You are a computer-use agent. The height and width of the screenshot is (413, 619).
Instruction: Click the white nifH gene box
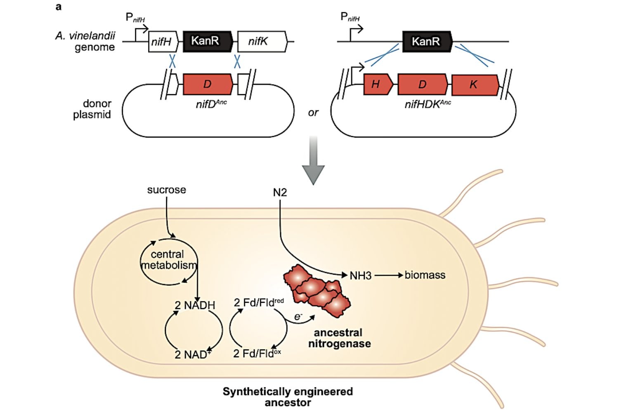pyautogui.click(x=163, y=41)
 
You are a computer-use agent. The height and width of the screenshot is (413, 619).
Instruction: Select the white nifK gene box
pyautogui.click(x=262, y=41)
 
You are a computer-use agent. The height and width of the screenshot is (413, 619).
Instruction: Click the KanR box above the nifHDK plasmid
pyautogui.click(x=428, y=41)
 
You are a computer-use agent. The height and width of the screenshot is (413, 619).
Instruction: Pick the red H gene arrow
pyautogui.click(x=378, y=84)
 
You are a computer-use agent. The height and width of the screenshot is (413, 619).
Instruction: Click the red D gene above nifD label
pyautogui.click(x=208, y=84)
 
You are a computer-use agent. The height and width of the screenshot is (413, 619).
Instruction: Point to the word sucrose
pyautogui.click(x=167, y=190)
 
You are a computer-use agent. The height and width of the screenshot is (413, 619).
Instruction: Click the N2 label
pyautogui.click(x=280, y=192)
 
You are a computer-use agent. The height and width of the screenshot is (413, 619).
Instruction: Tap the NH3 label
pyautogui.click(x=361, y=275)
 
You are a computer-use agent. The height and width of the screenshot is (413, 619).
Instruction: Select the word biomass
pyautogui.click(x=425, y=275)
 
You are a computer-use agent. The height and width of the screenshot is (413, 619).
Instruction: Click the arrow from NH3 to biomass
pyautogui.click(x=389, y=275)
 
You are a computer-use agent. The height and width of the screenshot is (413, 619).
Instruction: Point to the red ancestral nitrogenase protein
pyautogui.click(x=317, y=291)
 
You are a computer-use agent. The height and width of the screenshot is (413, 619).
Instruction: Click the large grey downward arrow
pyautogui.click(x=313, y=160)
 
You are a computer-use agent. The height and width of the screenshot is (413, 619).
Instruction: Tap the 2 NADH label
pyautogui.click(x=195, y=305)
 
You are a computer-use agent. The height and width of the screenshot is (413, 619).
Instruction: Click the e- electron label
pyautogui.click(x=298, y=317)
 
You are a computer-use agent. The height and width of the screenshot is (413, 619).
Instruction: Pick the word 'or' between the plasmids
pyautogui.click(x=313, y=113)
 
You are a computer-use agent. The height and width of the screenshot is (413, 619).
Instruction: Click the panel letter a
pyautogui.click(x=58, y=7)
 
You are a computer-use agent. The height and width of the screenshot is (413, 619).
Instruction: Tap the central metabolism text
pyautogui.click(x=168, y=260)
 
